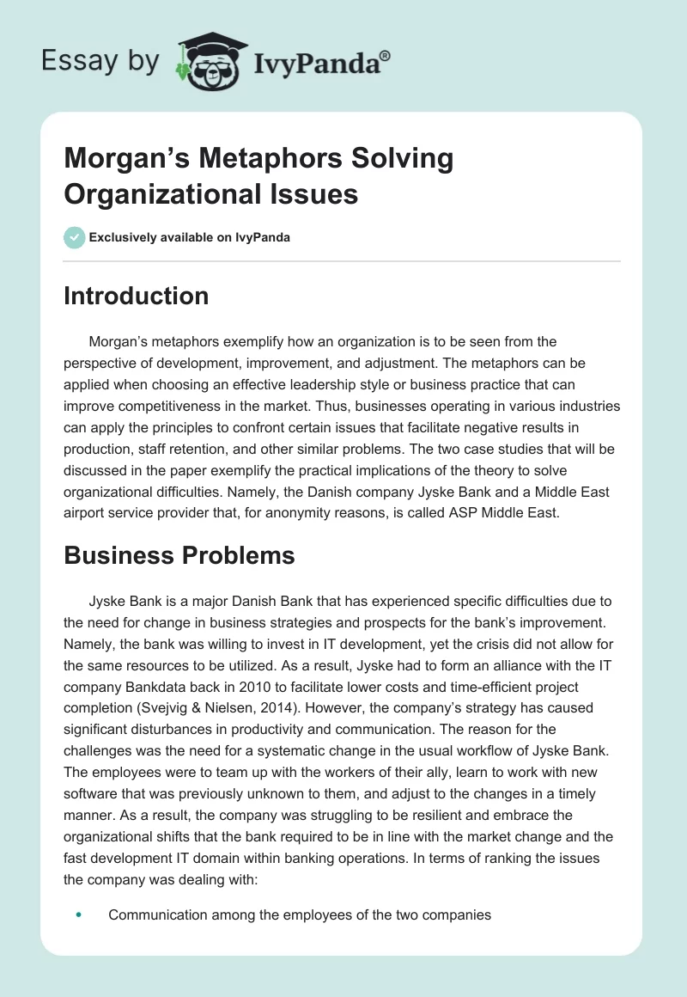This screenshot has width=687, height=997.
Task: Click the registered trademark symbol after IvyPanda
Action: point(385,56)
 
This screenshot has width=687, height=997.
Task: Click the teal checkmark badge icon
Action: point(75,237)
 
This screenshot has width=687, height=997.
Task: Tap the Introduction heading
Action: point(137,296)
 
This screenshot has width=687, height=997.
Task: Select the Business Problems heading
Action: point(179,555)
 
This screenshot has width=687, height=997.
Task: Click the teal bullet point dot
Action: point(78,915)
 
